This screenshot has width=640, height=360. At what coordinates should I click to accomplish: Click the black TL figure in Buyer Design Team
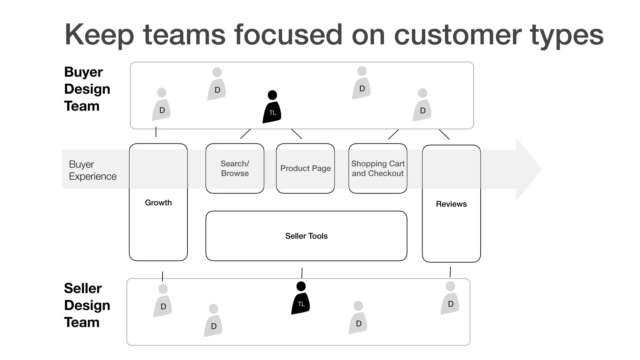pos(272,108)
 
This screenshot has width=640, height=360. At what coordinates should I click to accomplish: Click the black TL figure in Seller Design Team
pos(301,299)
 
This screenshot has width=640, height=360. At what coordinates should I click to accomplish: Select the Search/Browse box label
pos(235,168)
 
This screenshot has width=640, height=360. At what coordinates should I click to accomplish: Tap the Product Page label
pos(305,168)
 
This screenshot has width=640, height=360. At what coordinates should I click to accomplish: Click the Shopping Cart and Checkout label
pos(377,168)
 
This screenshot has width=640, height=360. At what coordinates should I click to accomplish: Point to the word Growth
pos(158,203)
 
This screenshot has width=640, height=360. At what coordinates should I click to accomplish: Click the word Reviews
pos(451,204)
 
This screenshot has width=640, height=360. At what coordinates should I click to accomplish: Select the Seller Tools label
pos(306,236)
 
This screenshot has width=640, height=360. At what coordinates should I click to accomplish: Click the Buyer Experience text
pos(92,170)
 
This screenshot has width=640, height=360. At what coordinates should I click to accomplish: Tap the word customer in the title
pos(457,35)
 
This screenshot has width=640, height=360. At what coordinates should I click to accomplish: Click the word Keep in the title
pos(99,35)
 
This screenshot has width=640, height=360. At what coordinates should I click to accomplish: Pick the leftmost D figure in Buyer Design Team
pos(161,105)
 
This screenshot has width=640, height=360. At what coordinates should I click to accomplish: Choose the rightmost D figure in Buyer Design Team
pos(422,106)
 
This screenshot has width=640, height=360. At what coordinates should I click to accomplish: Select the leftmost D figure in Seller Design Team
pos(162,302)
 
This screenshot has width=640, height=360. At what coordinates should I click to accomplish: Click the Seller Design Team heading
pos(87,305)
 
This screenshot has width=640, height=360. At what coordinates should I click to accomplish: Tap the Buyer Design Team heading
pos(87,89)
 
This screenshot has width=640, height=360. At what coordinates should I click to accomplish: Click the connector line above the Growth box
pos(156,132)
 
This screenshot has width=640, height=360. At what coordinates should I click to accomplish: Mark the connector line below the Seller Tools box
pos(302,273)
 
